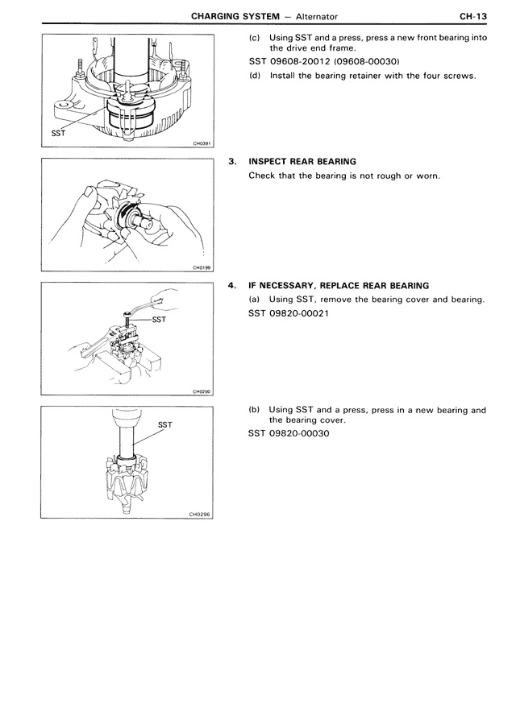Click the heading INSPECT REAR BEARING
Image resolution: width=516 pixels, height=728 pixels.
tap(302, 162)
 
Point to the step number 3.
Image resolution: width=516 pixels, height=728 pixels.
tap(232, 162)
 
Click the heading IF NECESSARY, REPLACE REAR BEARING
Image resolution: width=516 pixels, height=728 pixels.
tap(339, 286)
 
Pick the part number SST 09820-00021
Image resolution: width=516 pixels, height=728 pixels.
tap(289, 313)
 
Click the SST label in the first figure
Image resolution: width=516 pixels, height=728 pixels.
tap(58, 134)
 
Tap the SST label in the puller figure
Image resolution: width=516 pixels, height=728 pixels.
tap(160, 319)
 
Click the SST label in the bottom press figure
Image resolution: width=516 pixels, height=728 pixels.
tap(164, 424)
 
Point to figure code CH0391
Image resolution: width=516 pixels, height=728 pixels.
tap(201, 144)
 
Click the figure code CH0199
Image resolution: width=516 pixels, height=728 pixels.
tap(201, 268)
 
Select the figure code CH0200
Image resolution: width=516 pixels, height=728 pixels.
tap(201, 392)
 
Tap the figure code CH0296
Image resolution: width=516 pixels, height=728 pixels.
tap(198, 515)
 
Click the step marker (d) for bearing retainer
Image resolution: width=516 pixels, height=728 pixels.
tap(255, 77)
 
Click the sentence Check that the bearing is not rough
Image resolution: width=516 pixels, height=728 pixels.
tap(344, 176)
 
